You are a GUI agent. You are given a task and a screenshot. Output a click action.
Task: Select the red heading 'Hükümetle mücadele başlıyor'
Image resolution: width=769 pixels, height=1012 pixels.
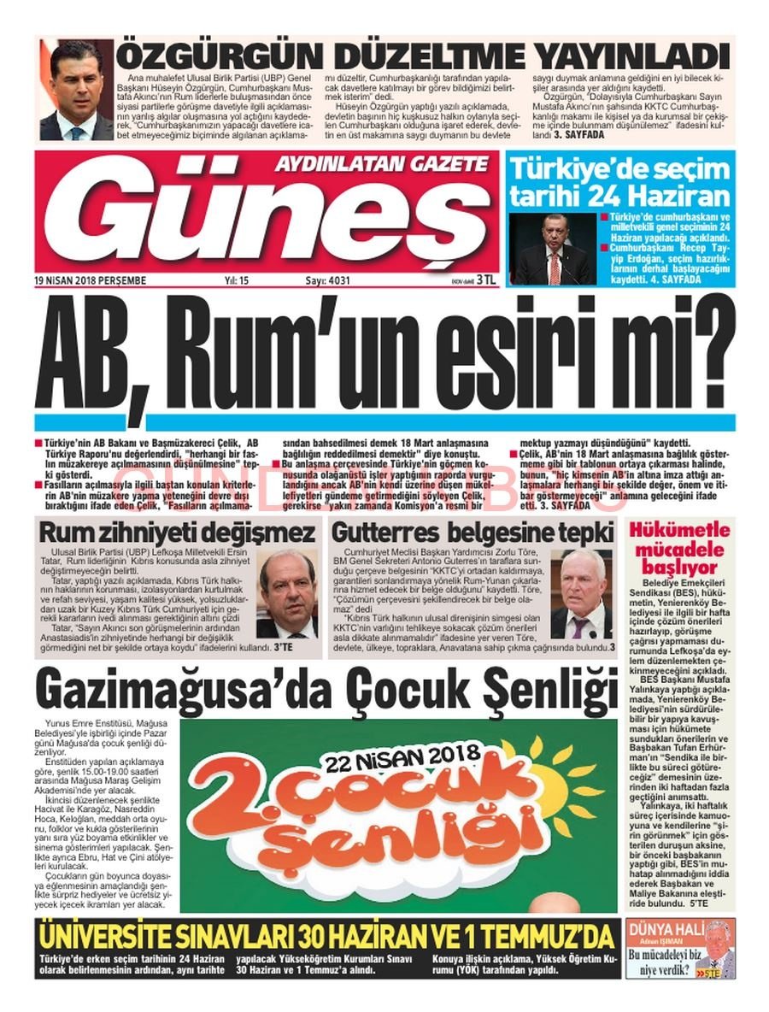[678, 547]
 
